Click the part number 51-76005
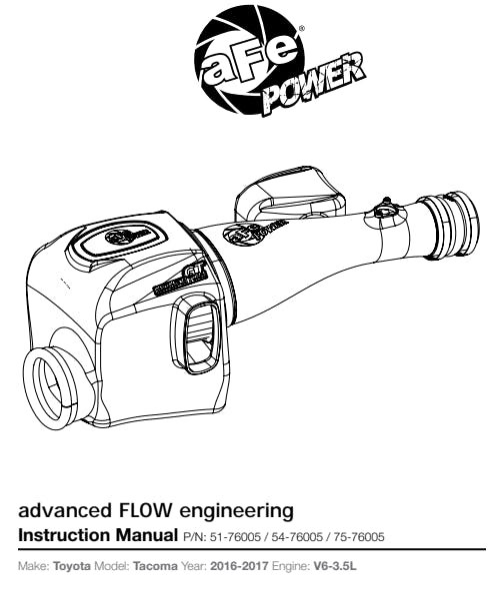point(235,537)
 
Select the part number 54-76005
point(297,537)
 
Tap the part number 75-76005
point(359,537)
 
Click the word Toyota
point(72,565)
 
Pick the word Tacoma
point(155,565)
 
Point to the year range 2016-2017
point(239,565)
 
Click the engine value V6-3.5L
point(335,565)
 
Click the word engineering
point(236,511)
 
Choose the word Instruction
point(64,535)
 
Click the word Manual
point(146,535)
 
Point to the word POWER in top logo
point(313,83)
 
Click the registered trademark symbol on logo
point(301,28)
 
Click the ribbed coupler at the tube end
point(448,225)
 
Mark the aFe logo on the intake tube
point(255,233)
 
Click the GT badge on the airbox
point(181,279)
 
